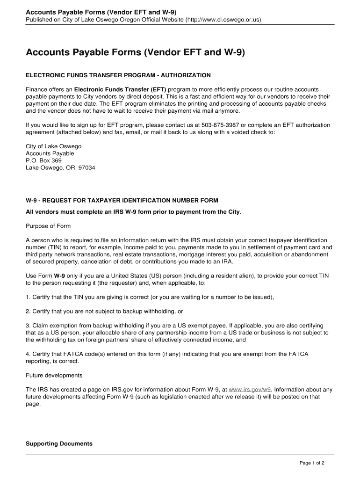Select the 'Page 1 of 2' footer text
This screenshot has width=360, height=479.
pos(312,463)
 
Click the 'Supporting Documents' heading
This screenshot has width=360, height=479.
pos(59,443)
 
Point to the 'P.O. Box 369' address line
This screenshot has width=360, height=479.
pos(43,160)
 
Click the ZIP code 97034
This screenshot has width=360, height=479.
pos(87,167)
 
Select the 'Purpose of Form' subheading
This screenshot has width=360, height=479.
pos(48,226)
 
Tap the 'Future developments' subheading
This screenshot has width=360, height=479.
pos(54,375)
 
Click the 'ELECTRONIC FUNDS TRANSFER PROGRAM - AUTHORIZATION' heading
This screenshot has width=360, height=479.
pos(118,75)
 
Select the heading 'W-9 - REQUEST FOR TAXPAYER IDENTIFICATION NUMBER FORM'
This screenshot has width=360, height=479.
pos(122,201)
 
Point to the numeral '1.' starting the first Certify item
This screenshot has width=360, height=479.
pos(28,297)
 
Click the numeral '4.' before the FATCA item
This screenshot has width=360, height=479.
pos(28,354)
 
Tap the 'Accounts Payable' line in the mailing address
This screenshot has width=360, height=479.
pos(50,153)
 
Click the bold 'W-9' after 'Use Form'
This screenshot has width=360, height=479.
pos(59,276)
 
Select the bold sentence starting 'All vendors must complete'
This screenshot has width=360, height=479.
pos(133,212)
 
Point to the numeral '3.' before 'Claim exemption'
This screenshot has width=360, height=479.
pos(28,325)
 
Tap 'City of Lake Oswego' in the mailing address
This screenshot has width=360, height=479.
pos(53,146)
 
